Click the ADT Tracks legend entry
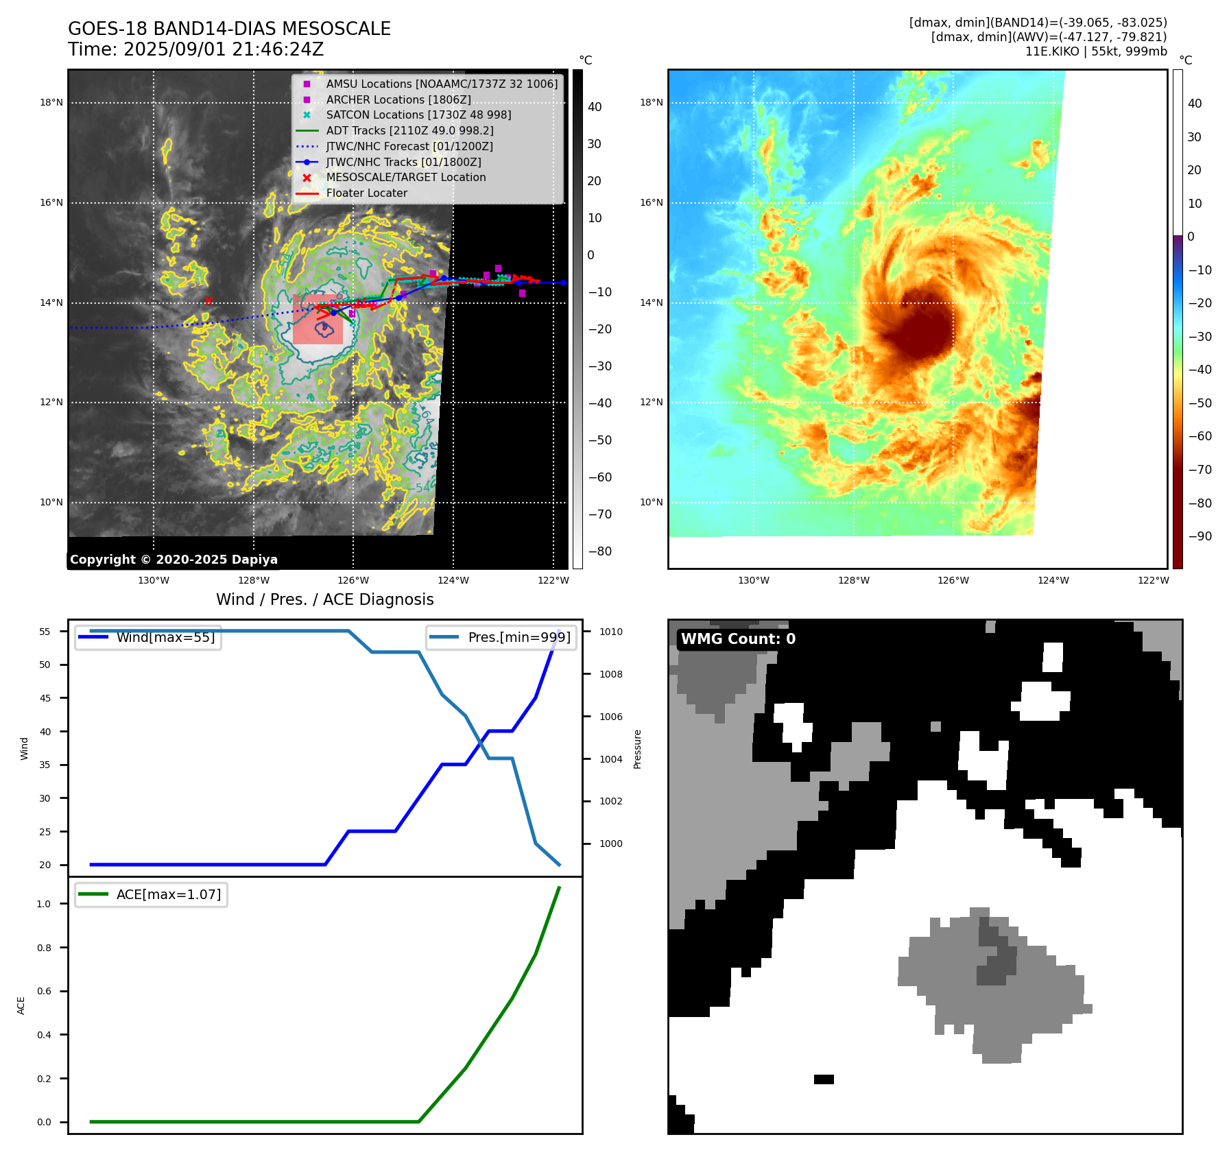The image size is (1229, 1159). click(409, 130)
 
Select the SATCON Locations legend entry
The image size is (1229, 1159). click(418, 115)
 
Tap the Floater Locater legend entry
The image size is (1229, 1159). click(366, 193)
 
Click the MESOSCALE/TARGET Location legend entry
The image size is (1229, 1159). click(405, 177)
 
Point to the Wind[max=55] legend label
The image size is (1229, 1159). click(165, 637)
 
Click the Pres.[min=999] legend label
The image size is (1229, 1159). click(518, 637)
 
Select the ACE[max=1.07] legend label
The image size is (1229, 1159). click(169, 894)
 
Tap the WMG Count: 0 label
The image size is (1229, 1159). click(738, 639)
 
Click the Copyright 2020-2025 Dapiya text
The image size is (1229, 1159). click(174, 560)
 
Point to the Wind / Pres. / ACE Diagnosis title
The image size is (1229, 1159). click(325, 599)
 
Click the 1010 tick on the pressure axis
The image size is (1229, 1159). click(610, 632)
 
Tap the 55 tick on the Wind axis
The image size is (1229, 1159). click(45, 632)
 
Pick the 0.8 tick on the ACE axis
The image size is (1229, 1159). click(44, 948)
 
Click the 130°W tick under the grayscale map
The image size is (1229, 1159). click(154, 580)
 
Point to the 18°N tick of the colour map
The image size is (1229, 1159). click(651, 103)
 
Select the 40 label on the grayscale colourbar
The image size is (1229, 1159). click(595, 107)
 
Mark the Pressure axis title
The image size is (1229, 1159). click(638, 749)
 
